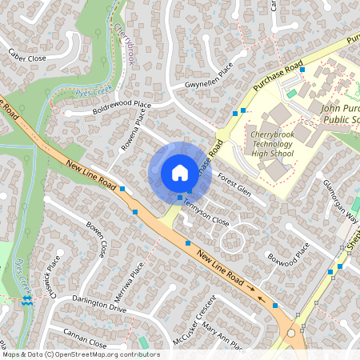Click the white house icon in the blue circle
pyautogui.click(x=180, y=172)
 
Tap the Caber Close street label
pyautogui.click(x=27, y=56)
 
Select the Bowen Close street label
pyautogui.click(x=97, y=239)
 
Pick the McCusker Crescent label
pyautogui.click(x=194, y=321)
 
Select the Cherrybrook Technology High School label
pyautogui.click(x=273, y=143)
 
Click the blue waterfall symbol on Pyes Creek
pyautogui.click(x=28, y=302)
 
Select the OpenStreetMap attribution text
pyautogui.click(x=80, y=354)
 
